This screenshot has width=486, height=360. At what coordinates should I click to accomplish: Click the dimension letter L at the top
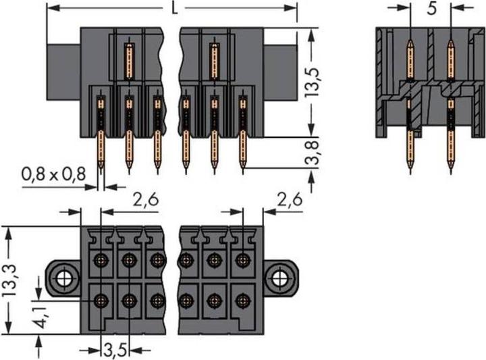pyautogui.click(x=175, y=9)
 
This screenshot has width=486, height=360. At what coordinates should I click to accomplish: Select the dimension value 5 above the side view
pyautogui.click(x=431, y=9)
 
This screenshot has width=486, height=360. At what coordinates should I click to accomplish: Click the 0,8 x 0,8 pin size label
pyautogui.click(x=53, y=174)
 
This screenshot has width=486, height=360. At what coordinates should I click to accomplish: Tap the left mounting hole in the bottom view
pyautogui.click(x=65, y=277)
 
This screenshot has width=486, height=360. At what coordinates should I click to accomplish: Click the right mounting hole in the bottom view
pyautogui.click(x=279, y=277)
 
